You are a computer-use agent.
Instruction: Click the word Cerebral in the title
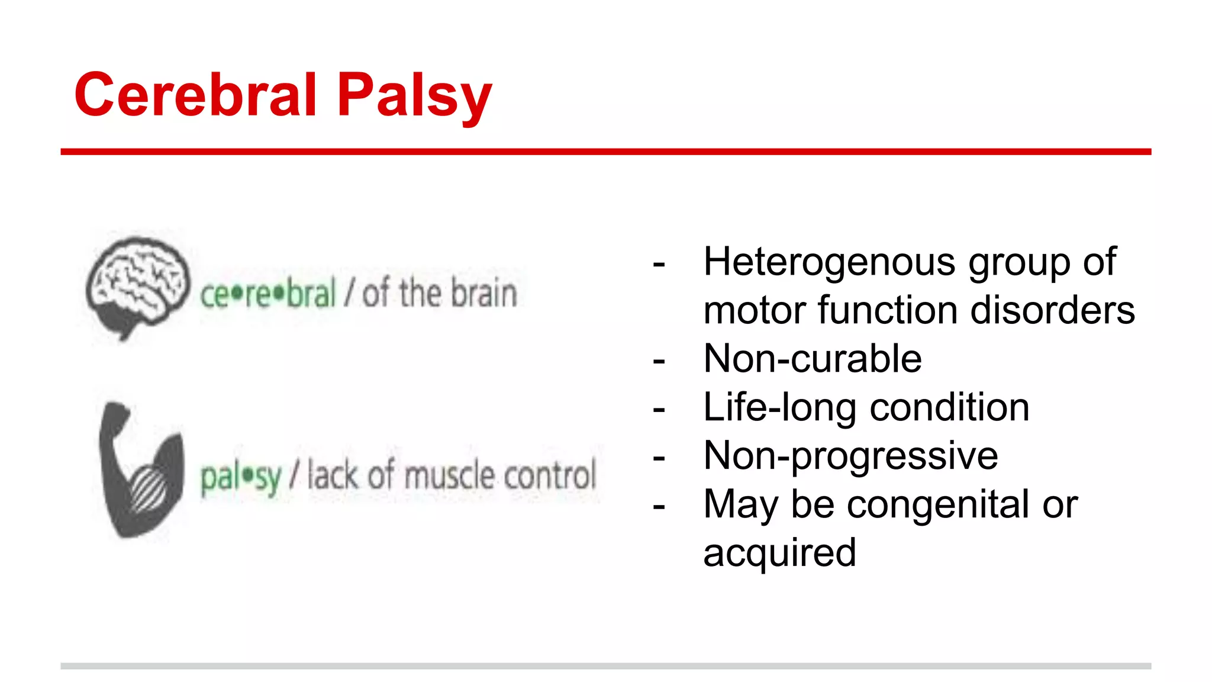[196, 95]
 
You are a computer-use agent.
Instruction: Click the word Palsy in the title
[414, 98]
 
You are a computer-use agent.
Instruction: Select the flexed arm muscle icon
[140, 471]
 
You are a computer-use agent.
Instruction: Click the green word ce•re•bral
[267, 294]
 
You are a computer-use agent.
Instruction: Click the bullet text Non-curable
[812, 359]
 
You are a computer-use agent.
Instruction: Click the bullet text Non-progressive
[850, 456]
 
